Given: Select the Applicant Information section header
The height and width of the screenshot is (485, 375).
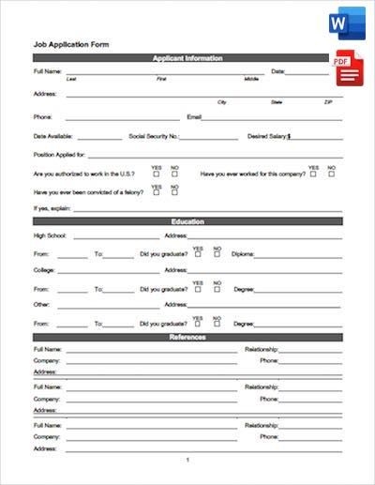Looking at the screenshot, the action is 187,58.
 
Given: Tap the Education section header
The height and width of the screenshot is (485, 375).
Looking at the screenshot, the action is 187,221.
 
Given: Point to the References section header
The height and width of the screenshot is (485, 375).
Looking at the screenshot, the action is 187,336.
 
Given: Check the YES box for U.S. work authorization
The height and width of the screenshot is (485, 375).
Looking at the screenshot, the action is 156,174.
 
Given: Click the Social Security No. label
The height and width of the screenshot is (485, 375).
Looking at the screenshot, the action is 154,136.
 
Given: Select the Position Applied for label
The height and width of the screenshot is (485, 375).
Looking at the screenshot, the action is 59,155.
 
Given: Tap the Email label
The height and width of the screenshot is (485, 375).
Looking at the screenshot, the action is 195,117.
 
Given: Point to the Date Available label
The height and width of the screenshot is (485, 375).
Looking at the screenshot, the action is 54,136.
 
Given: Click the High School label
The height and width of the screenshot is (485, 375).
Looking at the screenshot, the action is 50,235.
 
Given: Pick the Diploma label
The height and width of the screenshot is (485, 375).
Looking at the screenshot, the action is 241,254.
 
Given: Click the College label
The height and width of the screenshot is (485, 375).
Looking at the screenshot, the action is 44,270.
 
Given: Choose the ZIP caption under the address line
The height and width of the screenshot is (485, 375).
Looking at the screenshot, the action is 328,101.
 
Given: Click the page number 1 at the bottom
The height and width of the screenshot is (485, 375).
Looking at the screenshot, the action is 187,460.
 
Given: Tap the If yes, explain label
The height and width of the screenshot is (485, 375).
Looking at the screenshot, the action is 52,207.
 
